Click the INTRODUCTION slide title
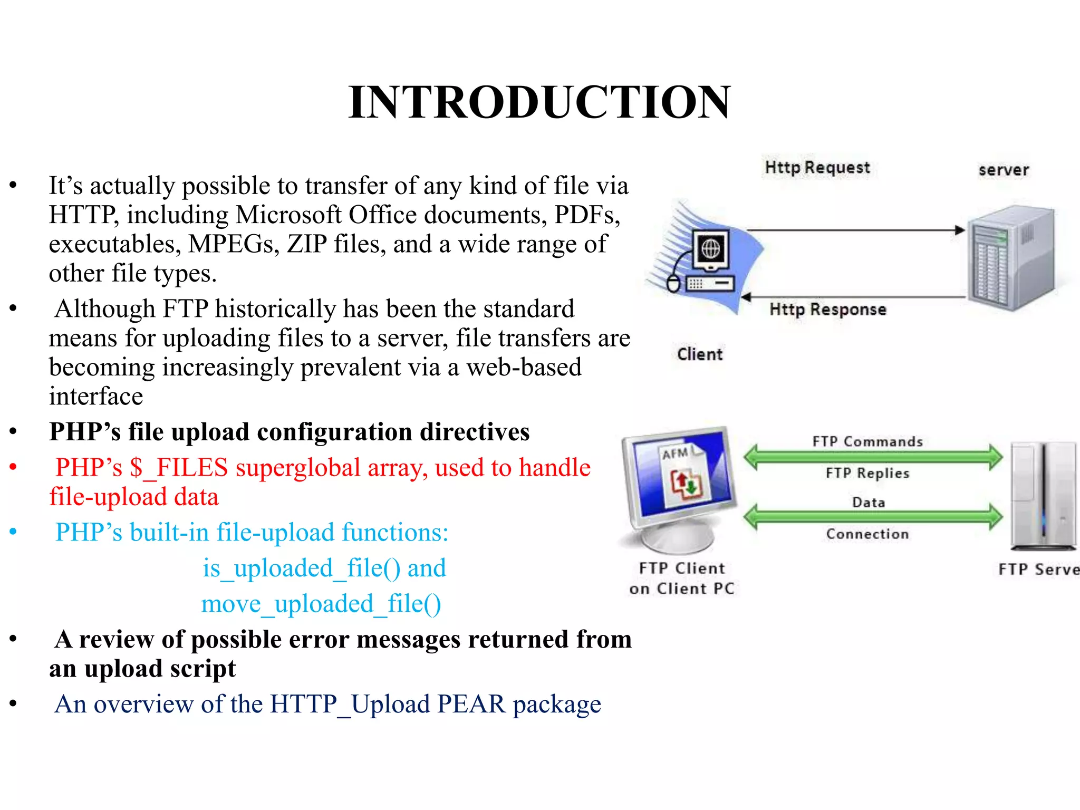point(539,102)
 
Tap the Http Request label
point(817,168)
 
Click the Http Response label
point(827,310)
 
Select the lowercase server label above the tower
point(1004,170)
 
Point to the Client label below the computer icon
point(699,354)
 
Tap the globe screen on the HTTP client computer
point(710,248)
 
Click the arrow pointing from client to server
point(854,230)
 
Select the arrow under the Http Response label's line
point(854,297)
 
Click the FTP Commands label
point(867,441)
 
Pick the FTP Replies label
point(867,473)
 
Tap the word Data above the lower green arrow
point(869,502)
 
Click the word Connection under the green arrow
point(867,534)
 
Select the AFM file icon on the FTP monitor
point(683,477)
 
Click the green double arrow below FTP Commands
point(873,457)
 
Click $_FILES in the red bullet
point(179,468)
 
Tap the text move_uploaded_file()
point(321,604)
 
